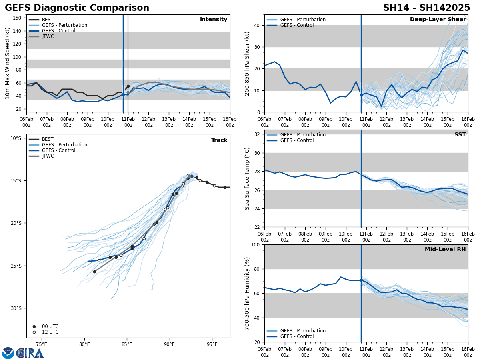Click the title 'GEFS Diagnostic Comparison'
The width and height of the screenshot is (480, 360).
(77, 8)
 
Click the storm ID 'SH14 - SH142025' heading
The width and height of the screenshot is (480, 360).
(426, 8)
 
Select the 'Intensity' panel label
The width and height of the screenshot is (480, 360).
(214, 20)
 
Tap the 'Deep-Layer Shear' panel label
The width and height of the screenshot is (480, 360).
(438, 20)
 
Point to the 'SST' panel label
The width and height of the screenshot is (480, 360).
(460, 135)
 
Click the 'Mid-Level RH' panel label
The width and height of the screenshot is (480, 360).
(445, 250)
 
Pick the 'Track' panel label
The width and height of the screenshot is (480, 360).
(219, 140)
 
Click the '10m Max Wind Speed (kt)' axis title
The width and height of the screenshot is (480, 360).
(8, 63)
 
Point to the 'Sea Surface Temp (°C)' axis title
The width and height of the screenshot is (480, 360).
(247, 178)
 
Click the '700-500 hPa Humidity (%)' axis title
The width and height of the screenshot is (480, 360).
(247, 293)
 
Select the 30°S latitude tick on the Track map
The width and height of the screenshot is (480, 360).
(16, 308)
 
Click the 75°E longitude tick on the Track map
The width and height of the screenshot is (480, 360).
(42, 344)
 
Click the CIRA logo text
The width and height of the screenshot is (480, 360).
(30, 353)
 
